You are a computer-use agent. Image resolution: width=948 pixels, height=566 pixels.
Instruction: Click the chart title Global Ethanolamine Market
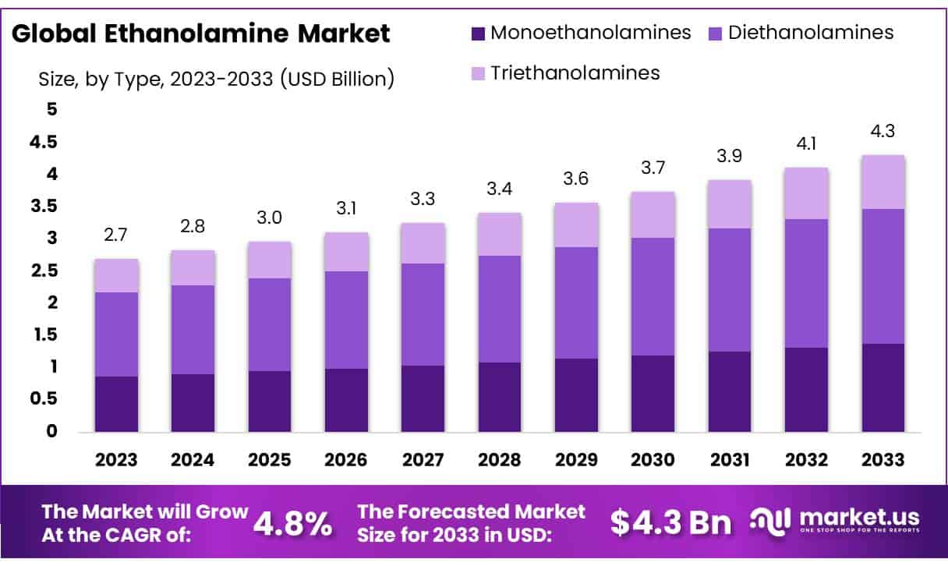pos(201,34)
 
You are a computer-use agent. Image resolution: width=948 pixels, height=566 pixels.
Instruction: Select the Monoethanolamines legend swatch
pos(478,34)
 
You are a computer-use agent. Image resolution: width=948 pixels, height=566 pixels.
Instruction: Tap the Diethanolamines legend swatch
pos(715,34)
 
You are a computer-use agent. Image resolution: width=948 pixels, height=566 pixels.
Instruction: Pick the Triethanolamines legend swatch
pos(478,74)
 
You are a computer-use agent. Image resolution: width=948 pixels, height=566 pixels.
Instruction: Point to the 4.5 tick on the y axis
pos(43,142)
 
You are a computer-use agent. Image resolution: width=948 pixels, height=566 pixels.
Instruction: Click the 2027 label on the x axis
pos(423,460)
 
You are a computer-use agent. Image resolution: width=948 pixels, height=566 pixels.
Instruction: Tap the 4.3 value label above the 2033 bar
pos(883,131)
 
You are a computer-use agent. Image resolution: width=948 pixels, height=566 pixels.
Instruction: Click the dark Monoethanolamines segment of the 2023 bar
pos(116,404)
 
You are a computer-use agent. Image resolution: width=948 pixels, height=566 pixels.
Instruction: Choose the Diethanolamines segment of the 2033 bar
pos(883,276)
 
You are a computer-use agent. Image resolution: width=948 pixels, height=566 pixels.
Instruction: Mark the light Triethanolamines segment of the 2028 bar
pos(500,234)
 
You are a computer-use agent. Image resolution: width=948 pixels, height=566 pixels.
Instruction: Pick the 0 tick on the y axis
pos(52,431)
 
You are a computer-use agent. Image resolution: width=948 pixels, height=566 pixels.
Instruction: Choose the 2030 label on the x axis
pos(653,460)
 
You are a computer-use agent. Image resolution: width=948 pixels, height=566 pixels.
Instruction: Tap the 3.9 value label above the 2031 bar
pos(730,157)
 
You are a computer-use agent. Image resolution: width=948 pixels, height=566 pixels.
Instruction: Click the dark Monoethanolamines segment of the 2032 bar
pos(806,389)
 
